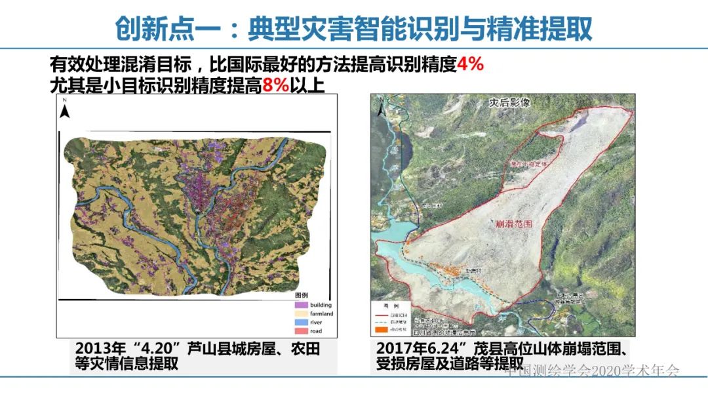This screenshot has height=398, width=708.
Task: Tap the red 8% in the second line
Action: pyautogui.click(x=275, y=85)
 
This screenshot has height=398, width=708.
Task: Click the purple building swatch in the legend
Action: pyautogui.click(x=302, y=305)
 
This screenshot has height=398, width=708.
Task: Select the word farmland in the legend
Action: pyautogui.click(x=321, y=314)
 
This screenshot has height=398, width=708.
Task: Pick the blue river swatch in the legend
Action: pyautogui.click(x=302, y=323)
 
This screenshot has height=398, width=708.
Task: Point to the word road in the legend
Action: pyautogui.click(x=316, y=331)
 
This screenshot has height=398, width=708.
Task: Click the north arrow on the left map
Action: pyautogui.click(x=65, y=109)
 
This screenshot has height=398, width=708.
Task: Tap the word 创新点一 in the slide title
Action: pyautogui.click(x=159, y=28)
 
